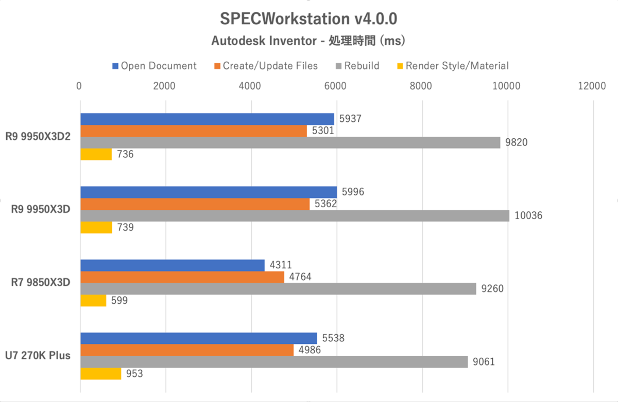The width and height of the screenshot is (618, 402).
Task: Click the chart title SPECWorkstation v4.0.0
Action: point(308,19)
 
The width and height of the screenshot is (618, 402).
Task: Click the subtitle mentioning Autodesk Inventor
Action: point(308,41)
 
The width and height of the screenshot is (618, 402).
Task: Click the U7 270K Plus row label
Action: point(38,355)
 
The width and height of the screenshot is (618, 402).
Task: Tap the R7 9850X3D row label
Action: point(40,282)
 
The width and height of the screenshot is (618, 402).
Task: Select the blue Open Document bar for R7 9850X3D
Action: point(173,265)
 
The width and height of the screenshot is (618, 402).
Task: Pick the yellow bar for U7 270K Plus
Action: point(101,374)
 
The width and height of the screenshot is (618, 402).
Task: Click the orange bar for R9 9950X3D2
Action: point(193,131)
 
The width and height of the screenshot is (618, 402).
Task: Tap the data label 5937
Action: point(350,119)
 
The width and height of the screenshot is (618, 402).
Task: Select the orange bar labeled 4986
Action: point(187,350)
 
